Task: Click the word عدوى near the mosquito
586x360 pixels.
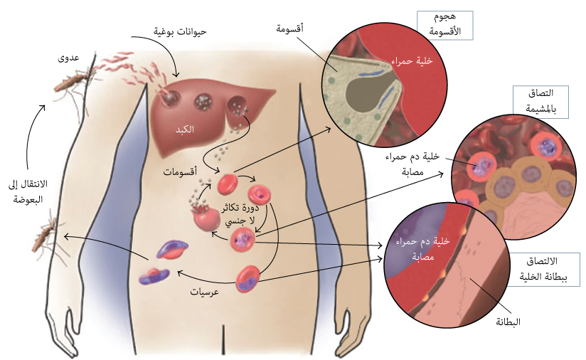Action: coord(68,58)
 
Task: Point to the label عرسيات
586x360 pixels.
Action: coord(203,292)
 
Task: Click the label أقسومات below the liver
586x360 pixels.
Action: coord(180,173)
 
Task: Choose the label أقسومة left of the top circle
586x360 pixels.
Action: coord(290,30)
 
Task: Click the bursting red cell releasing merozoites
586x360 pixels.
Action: coord(206,217)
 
